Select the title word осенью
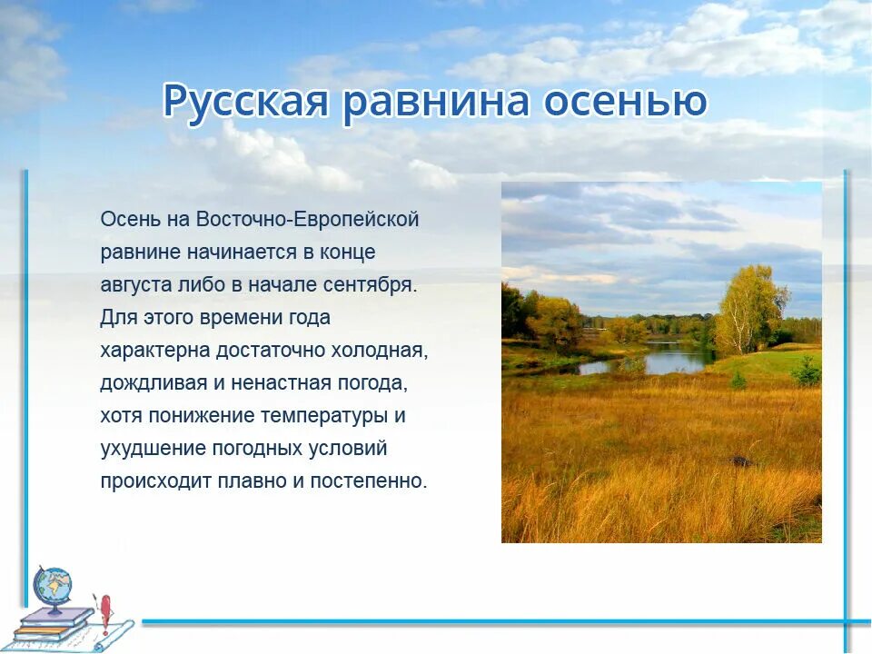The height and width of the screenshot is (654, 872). click(625, 102)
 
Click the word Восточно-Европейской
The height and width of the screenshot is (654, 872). click(308, 220)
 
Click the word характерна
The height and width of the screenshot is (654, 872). click(155, 351)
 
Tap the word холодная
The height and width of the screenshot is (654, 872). click(380, 351)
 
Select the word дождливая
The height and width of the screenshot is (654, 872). click(154, 383)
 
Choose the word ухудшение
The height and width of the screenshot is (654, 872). click(154, 449)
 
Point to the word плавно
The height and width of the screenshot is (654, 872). click(252, 481)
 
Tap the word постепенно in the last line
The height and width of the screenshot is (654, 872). click(369, 481)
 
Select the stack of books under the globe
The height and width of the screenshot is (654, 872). click(52, 625)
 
